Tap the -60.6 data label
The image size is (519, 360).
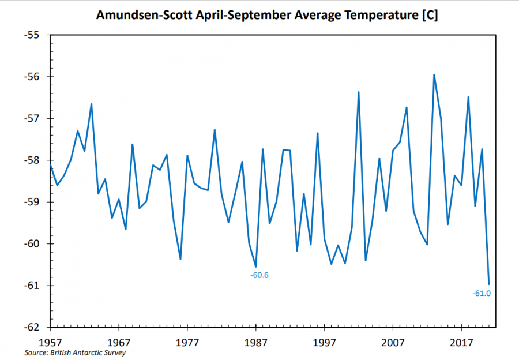tap(259, 275)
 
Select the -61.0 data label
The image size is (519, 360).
tap(482, 294)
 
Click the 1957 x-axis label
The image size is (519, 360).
tap(51, 340)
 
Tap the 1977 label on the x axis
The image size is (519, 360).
tap(187, 340)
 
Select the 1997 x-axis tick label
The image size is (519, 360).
tap(324, 340)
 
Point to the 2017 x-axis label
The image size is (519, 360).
tap(461, 340)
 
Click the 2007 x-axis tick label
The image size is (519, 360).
tap(393, 340)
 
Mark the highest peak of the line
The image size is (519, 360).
tap(434, 74)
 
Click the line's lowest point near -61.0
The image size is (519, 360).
tap(488, 284)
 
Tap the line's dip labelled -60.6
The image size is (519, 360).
tap(255, 267)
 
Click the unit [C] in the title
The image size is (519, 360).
tap(427, 16)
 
